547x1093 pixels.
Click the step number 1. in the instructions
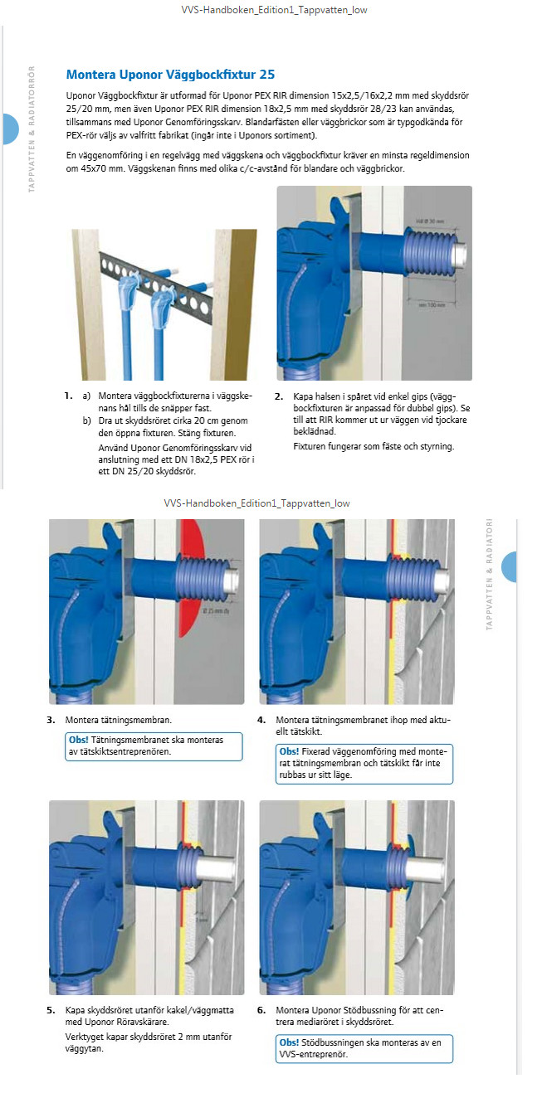[x=68, y=396]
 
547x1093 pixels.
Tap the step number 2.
[x=279, y=396]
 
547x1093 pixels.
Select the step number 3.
[x=51, y=720]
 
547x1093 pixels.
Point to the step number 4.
[x=261, y=720]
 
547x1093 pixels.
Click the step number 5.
[x=51, y=1010]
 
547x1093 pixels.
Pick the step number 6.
[x=261, y=1010]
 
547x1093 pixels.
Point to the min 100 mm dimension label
[x=432, y=305]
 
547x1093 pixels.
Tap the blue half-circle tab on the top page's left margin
[x=10, y=129]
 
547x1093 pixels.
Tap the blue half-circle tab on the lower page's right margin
[x=509, y=566]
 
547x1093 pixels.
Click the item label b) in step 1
[x=86, y=421]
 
